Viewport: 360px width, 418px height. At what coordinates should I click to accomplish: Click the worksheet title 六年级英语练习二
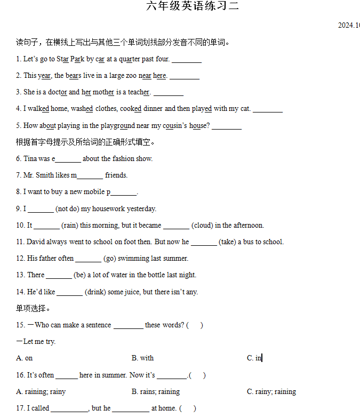tap(193, 6)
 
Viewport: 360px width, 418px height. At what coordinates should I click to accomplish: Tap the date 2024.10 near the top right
tap(349, 25)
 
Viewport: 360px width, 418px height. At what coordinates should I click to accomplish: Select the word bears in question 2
tap(73, 76)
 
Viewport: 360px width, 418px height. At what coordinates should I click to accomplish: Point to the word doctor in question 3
tap(57, 92)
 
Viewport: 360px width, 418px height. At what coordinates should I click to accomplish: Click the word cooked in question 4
tap(131, 109)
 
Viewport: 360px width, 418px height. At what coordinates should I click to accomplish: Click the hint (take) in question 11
tap(228, 242)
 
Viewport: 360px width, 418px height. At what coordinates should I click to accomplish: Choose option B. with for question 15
tap(142, 358)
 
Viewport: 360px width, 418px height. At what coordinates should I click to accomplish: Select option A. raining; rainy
tap(41, 392)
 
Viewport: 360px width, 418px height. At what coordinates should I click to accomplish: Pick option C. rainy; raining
tap(271, 392)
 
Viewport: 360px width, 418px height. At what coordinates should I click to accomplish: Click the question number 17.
tap(20, 408)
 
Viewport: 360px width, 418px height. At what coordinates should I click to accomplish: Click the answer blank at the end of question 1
tap(187, 60)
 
